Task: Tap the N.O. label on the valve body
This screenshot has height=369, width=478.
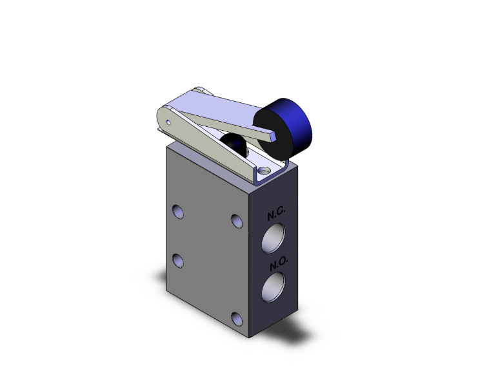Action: click(x=278, y=263)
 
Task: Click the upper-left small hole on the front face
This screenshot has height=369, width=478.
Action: click(x=177, y=211)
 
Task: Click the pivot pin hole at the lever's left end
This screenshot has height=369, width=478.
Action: click(x=168, y=120)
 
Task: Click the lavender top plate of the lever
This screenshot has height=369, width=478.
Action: click(x=219, y=106)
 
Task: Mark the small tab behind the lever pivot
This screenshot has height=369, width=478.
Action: click(x=202, y=90)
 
